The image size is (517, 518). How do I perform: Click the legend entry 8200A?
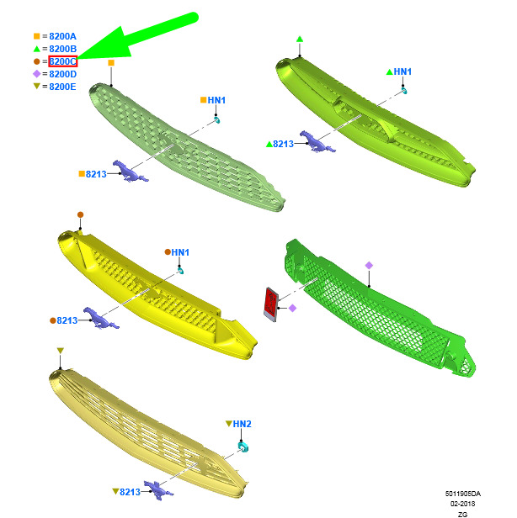[x=62, y=36]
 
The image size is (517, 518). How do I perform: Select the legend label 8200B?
[x=63, y=49]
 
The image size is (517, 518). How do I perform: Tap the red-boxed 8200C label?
[x=63, y=61]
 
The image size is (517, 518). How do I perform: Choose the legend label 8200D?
[x=63, y=74]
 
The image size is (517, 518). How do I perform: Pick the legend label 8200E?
[x=62, y=87]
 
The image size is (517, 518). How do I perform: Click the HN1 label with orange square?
[x=216, y=100]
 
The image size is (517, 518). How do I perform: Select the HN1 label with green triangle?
[x=402, y=71]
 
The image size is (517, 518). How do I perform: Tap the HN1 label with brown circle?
[x=180, y=252]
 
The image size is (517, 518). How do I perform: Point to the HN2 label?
[x=243, y=424]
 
